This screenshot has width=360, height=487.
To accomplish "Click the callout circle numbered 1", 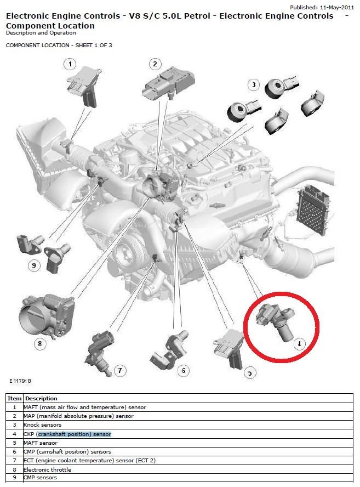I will pyautogui.click(x=69, y=65).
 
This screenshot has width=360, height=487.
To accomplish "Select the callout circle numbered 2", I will pyautogui.click(x=155, y=65).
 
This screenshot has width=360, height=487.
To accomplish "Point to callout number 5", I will pyautogui.click(x=249, y=373).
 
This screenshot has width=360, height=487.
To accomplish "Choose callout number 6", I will pyautogui.click(x=183, y=371).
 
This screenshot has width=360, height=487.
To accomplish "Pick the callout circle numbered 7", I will pyautogui.click(x=121, y=370).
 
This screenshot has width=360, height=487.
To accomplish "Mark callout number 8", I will pyautogui.click(x=39, y=344).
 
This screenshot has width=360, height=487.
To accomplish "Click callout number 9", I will pyautogui.click(x=34, y=266).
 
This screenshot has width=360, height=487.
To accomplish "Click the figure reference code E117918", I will pyautogui.click(x=20, y=380).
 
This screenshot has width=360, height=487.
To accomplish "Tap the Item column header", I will pyautogui.click(x=14, y=398).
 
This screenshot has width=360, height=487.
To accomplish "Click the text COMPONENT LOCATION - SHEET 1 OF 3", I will pyautogui.click(x=59, y=45).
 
